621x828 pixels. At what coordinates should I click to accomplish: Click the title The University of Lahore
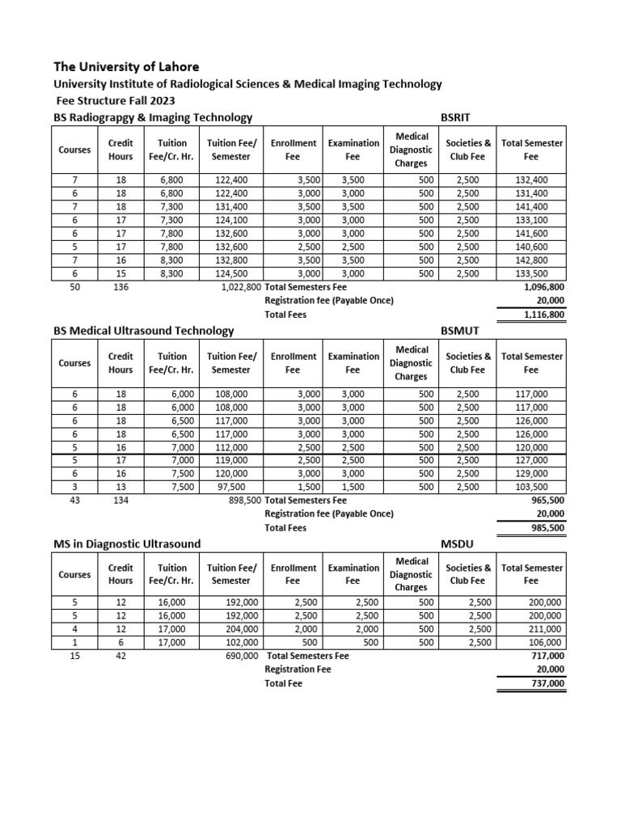[126, 66]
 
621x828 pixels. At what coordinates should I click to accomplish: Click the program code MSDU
[458, 543]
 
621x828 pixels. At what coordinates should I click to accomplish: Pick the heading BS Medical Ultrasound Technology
[143, 330]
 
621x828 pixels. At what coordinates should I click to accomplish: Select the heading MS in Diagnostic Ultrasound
[127, 543]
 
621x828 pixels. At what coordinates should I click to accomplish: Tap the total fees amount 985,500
[545, 527]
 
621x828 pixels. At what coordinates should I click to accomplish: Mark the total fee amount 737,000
[545, 683]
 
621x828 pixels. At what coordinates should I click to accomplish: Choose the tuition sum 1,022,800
[241, 286]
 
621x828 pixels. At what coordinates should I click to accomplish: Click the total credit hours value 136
[120, 286]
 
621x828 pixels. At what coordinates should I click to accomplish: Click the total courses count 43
[74, 501]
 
